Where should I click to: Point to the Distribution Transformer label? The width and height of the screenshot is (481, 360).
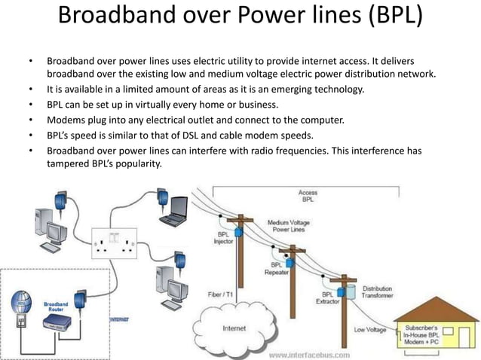(377, 292)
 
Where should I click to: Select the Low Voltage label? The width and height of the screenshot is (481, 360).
(370, 330)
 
